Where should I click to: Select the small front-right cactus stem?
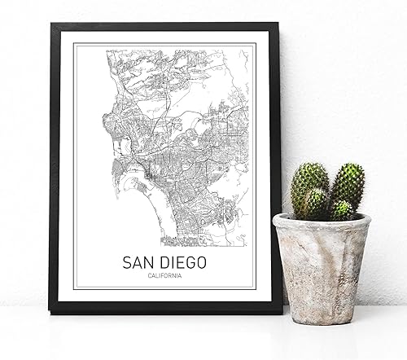(x=343, y=210)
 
